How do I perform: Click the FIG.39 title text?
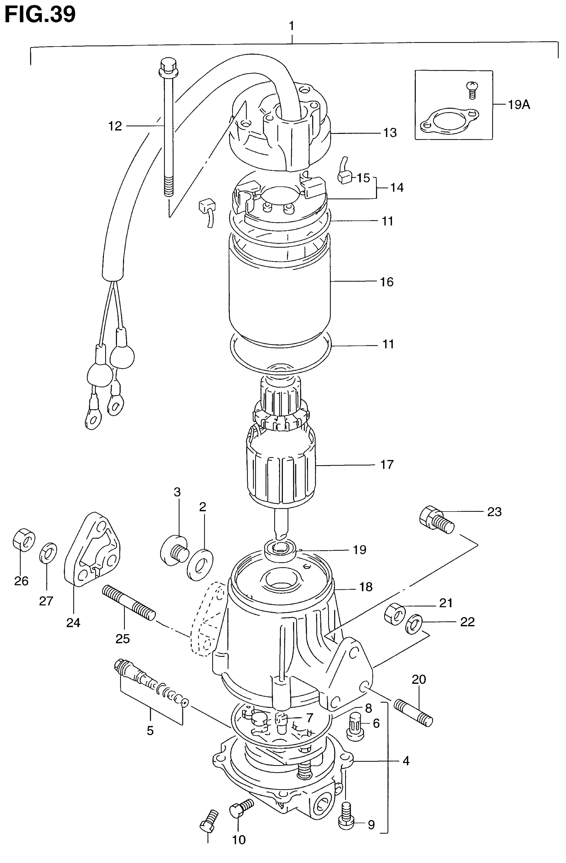coord(40,14)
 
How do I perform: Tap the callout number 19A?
coord(519,105)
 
